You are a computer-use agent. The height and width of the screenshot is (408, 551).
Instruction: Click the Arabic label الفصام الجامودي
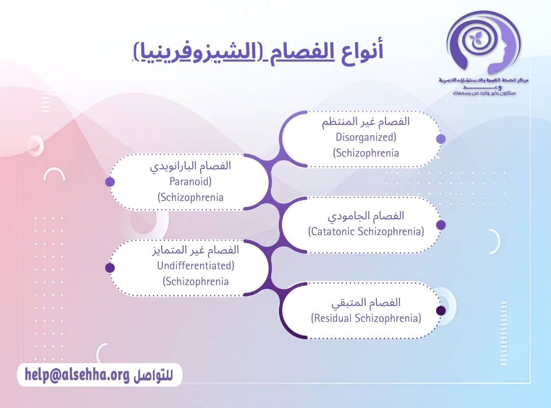point(366,216)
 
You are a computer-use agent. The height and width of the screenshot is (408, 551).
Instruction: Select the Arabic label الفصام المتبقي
point(366,302)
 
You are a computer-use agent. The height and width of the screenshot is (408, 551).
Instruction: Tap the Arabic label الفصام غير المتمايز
point(196,250)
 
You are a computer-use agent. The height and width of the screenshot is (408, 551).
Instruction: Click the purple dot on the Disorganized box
point(441,139)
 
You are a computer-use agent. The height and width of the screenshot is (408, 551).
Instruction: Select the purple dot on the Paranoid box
point(110,182)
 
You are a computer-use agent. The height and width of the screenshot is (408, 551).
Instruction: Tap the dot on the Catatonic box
point(441,225)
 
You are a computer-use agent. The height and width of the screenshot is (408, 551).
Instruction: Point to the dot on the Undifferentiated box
point(110,268)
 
